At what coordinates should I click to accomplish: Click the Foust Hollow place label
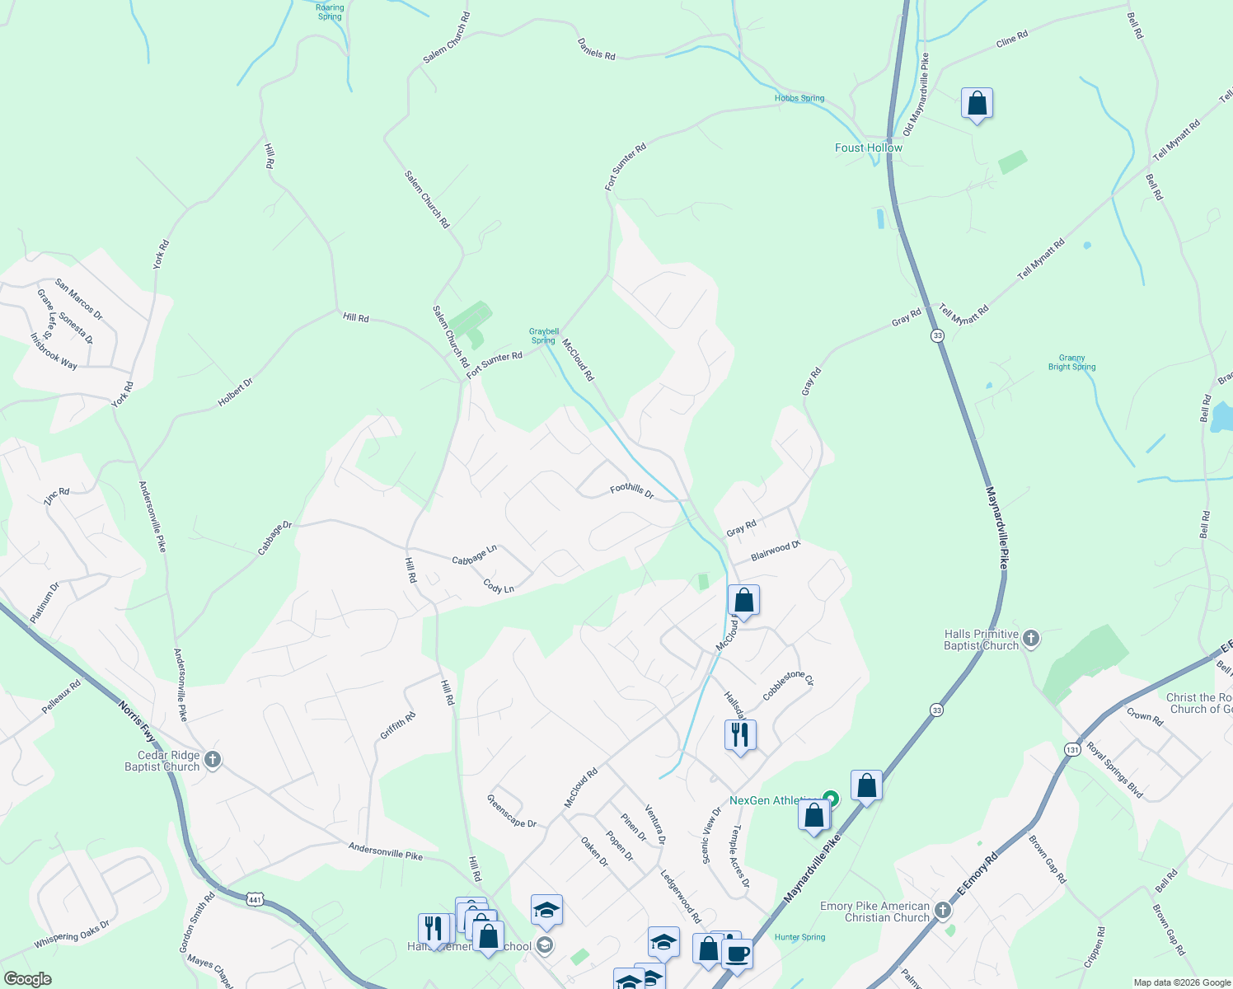point(869,148)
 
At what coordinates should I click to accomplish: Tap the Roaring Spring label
point(330,12)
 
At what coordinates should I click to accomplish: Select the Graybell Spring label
point(543,336)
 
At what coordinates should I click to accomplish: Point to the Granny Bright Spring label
point(1071,363)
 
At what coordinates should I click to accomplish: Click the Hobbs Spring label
point(799,98)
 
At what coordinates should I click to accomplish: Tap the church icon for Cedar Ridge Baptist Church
point(213,759)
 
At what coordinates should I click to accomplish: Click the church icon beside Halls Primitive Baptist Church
point(1031,638)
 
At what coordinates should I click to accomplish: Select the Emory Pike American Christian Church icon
point(943,911)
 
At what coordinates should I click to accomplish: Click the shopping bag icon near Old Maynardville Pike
point(977,104)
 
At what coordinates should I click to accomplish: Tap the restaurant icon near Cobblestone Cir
point(740,734)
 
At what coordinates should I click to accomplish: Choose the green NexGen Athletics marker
point(831,798)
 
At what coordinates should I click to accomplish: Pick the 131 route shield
point(1071,750)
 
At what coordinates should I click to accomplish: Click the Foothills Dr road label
point(631,491)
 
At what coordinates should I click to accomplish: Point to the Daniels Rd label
point(596,49)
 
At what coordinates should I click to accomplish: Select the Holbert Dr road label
point(235,391)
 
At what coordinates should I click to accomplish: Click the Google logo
point(27,979)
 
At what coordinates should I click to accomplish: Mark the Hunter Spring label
point(799,937)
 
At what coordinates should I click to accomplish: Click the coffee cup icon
point(737,954)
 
